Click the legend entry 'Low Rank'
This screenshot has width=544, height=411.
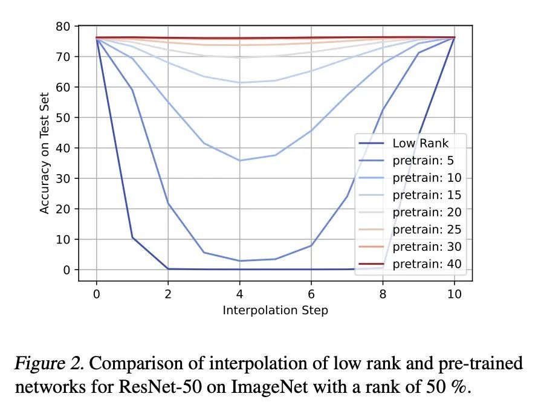click(421, 144)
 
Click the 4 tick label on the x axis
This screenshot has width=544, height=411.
click(239, 294)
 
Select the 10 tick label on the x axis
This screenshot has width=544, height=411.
click(454, 294)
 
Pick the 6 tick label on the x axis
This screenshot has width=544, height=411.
click(311, 294)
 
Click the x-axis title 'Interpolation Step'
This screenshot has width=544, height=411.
click(275, 311)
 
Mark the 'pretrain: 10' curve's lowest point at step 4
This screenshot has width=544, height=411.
click(239, 160)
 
